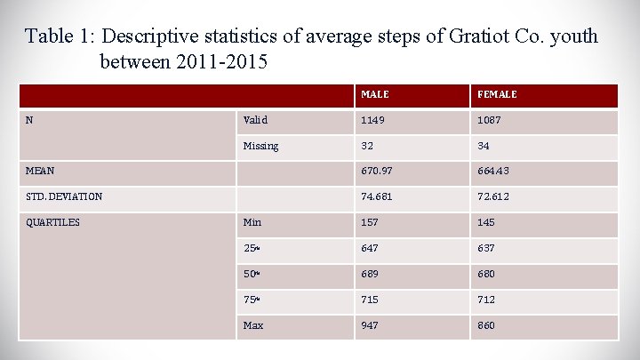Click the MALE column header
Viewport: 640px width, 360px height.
pyautogui.click(x=374, y=94)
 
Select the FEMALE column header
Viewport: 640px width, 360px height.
pyautogui.click(x=497, y=94)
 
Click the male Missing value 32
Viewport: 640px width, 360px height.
pyautogui.click(x=367, y=146)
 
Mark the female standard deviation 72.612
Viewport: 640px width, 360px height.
pyautogui.click(x=494, y=196)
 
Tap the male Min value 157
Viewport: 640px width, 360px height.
pyautogui.click(x=370, y=222)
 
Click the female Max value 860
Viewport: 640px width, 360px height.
pyautogui.click(x=486, y=325)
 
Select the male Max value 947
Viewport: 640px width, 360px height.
pyautogui.click(x=370, y=325)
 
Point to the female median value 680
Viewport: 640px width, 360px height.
pyautogui.click(x=486, y=274)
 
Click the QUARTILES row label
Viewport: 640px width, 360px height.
pyautogui.click(x=54, y=222)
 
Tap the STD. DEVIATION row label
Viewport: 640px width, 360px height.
pyautogui.click(x=64, y=196)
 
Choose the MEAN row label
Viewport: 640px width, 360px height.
pyautogui.click(x=41, y=172)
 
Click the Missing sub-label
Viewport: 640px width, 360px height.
pyautogui.click(x=260, y=146)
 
